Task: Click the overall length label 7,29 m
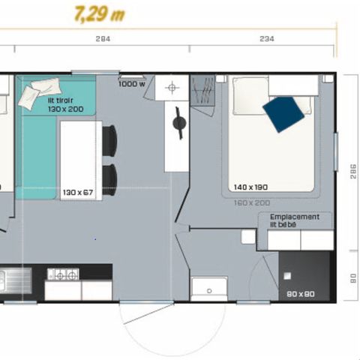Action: pos(99,14)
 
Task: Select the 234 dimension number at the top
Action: pos(265,40)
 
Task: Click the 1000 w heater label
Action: pos(133,84)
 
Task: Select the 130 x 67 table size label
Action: pos(78,192)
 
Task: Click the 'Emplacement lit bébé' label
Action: pos(294,220)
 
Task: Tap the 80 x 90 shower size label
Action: pos(301,293)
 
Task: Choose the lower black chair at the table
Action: pos(109,178)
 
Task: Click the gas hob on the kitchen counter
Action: pos(63,274)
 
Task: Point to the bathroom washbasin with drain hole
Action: pos(209,287)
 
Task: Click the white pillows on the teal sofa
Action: pos(35,91)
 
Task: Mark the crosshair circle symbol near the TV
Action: pos(172,88)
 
